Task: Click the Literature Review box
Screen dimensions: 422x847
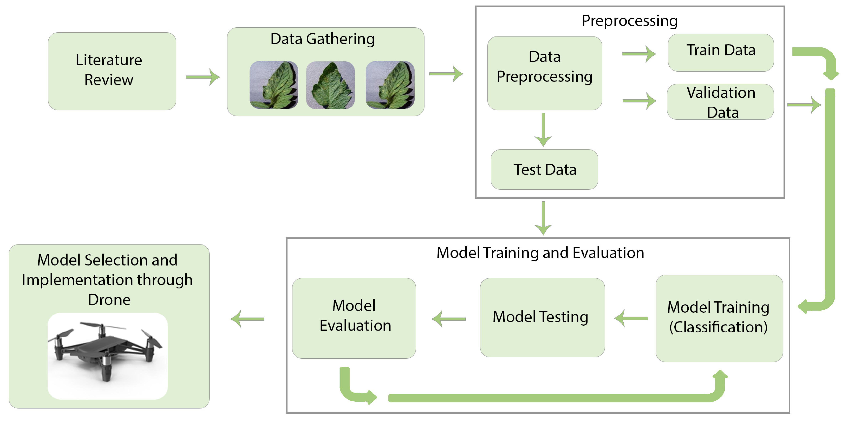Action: (112, 71)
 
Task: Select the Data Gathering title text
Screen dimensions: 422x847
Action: (322, 39)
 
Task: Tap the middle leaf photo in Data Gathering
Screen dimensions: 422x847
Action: (330, 85)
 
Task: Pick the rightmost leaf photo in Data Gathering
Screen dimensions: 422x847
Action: (390, 85)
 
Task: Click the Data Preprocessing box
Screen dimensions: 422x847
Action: (545, 73)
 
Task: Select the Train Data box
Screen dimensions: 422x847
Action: (720, 52)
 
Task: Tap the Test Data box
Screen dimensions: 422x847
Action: (545, 169)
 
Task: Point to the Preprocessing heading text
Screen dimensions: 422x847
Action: (629, 21)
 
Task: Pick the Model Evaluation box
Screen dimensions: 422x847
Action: (354, 318)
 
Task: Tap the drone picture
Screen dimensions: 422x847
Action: (107, 356)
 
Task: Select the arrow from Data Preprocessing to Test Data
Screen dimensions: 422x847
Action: (543, 130)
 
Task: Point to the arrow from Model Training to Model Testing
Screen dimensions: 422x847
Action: (631, 318)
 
